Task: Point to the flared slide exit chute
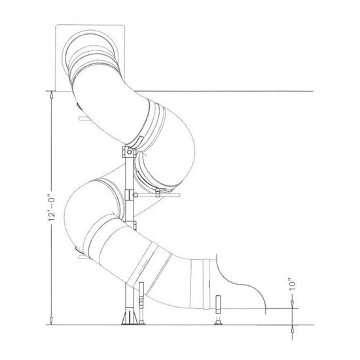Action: tap(239, 278)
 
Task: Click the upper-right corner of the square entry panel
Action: tap(123, 24)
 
